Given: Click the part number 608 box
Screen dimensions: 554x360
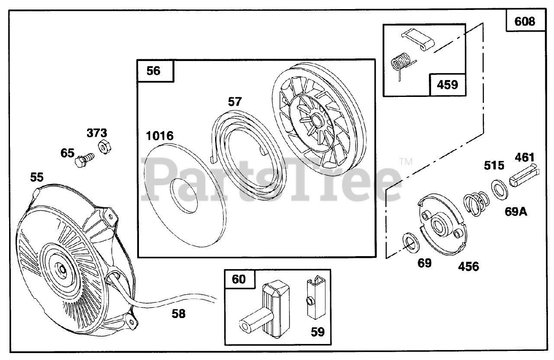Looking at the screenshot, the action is (x=525, y=21).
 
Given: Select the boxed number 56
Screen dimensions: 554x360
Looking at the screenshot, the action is (x=154, y=71).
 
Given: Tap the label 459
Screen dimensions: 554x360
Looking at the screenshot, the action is (x=448, y=84).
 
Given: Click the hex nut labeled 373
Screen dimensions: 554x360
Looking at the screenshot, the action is (x=104, y=147).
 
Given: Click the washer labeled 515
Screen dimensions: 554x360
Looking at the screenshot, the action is (x=500, y=189).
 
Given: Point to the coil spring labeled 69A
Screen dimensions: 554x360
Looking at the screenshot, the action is (x=476, y=203).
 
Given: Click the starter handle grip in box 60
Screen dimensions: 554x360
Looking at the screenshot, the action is (x=271, y=308).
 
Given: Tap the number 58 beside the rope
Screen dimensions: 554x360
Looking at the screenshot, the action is (x=178, y=314).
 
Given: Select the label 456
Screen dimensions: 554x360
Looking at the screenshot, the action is (x=468, y=267).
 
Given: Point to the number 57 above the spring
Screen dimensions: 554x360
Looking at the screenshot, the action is (x=235, y=102).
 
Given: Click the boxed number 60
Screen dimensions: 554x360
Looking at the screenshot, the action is (x=238, y=279).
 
